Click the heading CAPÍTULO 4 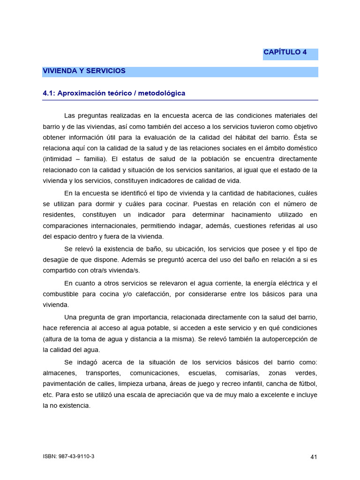[285, 52]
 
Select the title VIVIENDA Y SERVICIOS [84, 71]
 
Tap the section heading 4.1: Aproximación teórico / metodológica [114, 93]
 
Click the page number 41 [314, 457]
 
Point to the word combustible [61, 294]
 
